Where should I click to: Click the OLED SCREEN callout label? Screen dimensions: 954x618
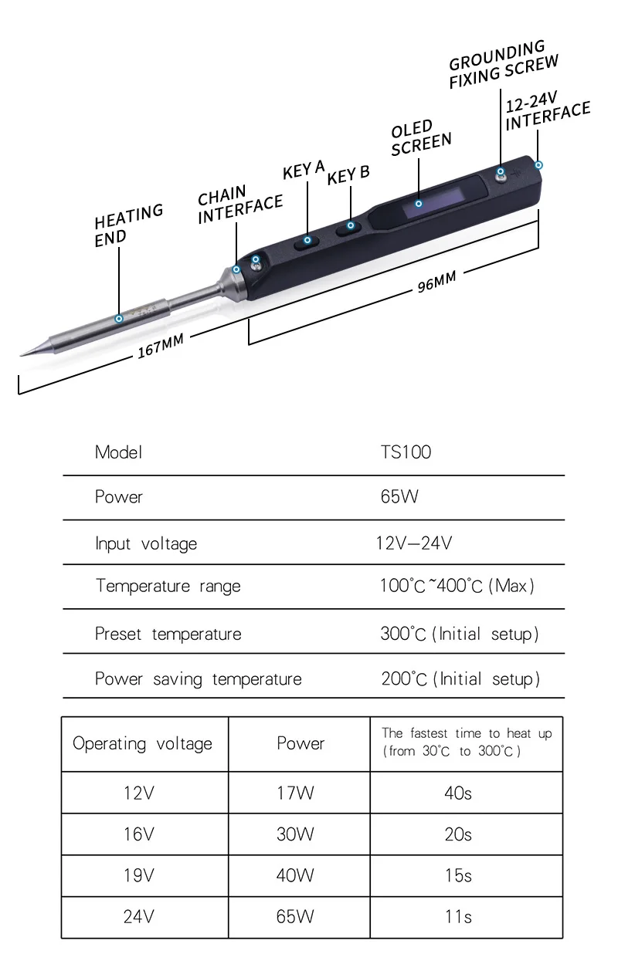pos(420,137)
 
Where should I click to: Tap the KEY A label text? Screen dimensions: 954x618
pos(304,169)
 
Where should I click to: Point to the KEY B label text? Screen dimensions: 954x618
pos(348,175)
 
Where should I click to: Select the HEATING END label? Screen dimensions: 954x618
pos(127,225)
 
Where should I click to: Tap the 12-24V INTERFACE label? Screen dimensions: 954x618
pos(547,115)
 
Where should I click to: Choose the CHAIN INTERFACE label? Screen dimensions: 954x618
pos(239,204)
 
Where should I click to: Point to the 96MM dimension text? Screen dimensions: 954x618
pos(436,282)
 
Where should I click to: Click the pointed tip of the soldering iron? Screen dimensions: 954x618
pos(23,354)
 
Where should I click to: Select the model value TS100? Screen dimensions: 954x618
pos(406,452)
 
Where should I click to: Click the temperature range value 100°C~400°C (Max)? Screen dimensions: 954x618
pos(457,586)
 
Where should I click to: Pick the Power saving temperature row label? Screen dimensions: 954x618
pos(198,679)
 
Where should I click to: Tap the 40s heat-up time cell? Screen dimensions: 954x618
pos(457,793)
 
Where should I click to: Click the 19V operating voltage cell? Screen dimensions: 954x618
pos(139,876)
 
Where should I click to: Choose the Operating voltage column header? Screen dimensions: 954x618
pos(142,744)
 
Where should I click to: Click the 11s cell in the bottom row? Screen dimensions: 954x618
pos(457,918)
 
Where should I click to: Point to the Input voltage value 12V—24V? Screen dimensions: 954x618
pos(413,543)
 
